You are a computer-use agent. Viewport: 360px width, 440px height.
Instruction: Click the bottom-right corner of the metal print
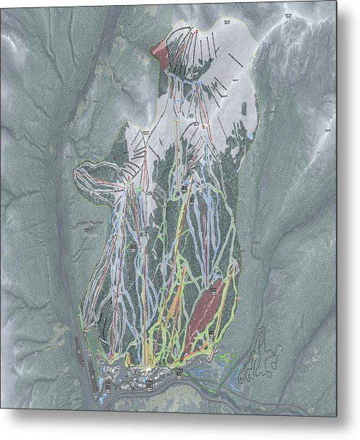click(x=336, y=416)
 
